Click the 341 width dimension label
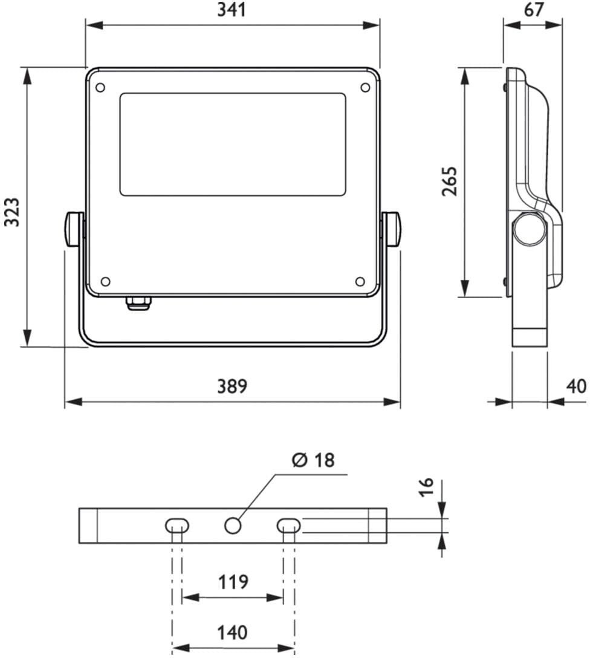(x=232, y=10)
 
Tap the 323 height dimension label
(x=11, y=212)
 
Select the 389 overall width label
(x=232, y=386)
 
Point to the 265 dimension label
(x=449, y=181)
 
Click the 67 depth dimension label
(x=534, y=9)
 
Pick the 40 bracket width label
(x=576, y=386)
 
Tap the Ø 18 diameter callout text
(x=313, y=460)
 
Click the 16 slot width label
(x=426, y=487)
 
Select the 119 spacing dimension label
(x=233, y=582)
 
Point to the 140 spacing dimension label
(x=232, y=632)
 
